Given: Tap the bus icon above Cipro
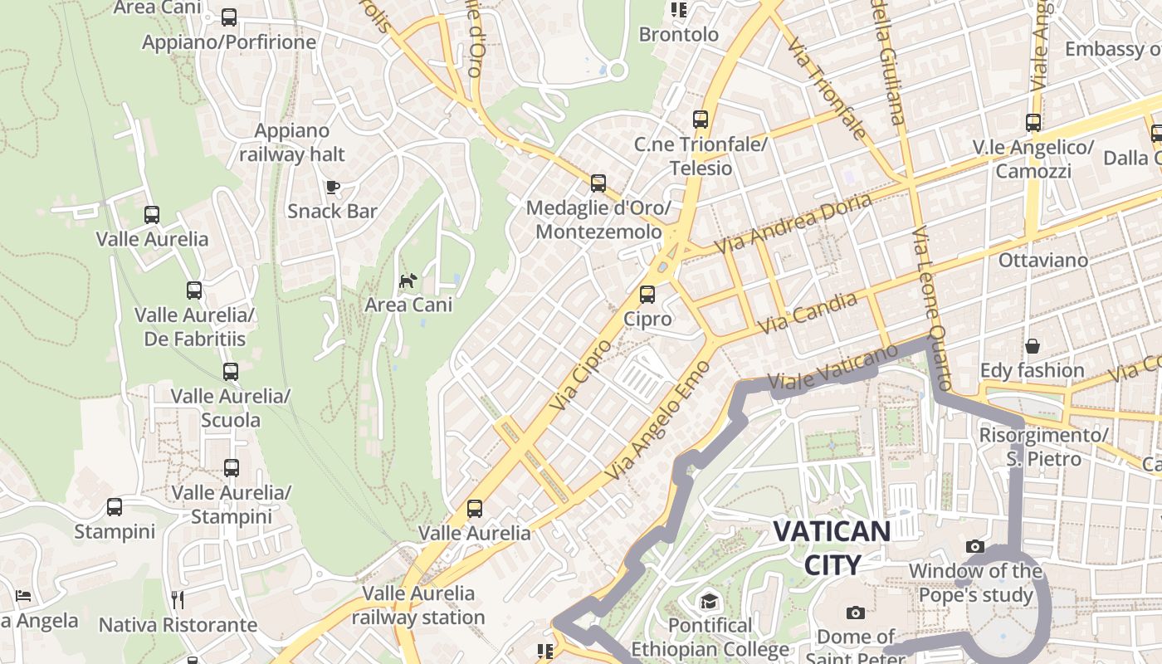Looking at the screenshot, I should (x=647, y=295).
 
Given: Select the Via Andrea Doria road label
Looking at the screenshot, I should (x=793, y=223).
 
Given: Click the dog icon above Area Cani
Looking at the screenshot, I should (x=408, y=281).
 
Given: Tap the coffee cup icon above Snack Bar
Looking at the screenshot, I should (x=333, y=188).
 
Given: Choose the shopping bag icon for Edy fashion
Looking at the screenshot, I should (x=1033, y=346).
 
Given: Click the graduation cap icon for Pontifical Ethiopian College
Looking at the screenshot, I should (x=709, y=601).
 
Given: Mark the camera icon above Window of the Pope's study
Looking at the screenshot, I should (x=975, y=546).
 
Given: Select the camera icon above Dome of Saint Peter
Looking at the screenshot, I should (x=856, y=613).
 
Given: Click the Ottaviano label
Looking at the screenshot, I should (x=1042, y=260).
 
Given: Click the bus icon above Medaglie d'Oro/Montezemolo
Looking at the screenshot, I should (x=598, y=183).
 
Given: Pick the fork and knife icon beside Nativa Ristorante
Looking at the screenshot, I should (x=177, y=599).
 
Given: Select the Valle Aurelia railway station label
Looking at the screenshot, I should (x=418, y=605).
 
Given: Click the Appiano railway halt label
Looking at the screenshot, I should (x=292, y=143).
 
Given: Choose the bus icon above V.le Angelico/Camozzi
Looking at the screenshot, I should (x=1033, y=123).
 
